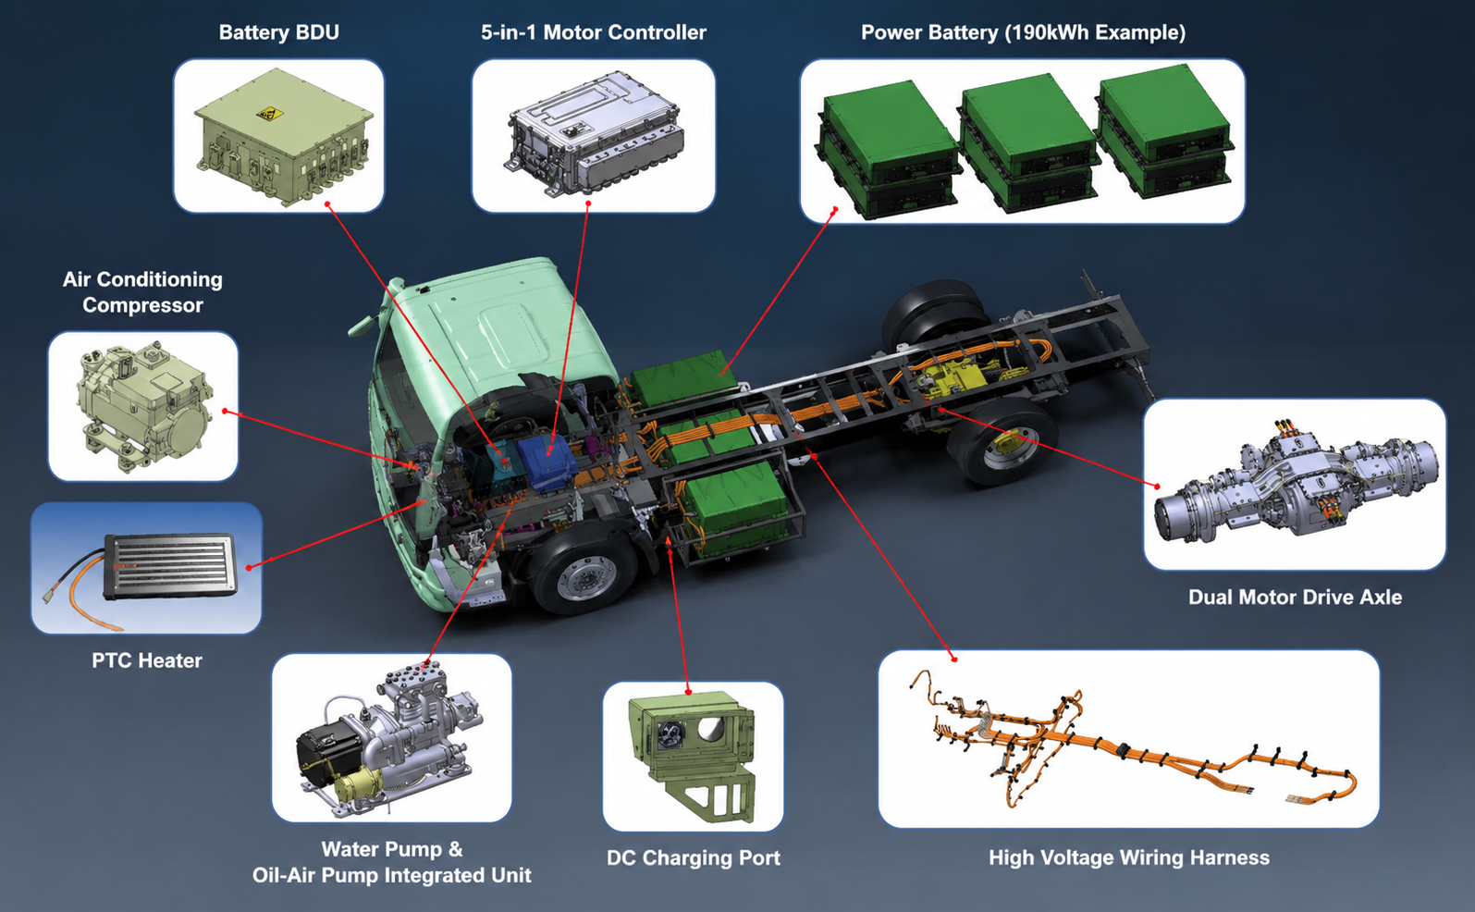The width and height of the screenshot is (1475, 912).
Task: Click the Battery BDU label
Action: (x=278, y=32)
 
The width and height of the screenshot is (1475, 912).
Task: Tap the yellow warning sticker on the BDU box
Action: (x=269, y=114)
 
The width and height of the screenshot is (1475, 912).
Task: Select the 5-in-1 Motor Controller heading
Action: (x=594, y=32)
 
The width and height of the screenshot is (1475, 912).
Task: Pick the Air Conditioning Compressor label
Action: (x=142, y=291)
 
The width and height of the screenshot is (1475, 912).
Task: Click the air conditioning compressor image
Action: (x=143, y=405)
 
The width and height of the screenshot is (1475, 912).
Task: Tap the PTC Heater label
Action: (x=147, y=660)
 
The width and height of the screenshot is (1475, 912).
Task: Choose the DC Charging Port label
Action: (x=694, y=857)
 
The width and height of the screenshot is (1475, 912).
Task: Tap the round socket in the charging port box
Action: (x=672, y=733)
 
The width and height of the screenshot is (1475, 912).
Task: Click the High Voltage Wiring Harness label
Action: (x=1128, y=857)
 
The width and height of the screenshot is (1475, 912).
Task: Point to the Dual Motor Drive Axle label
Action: (x=1295, y=598)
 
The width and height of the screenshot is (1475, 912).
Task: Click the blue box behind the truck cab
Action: (x=546, y=461)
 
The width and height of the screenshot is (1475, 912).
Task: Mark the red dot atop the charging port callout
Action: (x=688, y=692)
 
